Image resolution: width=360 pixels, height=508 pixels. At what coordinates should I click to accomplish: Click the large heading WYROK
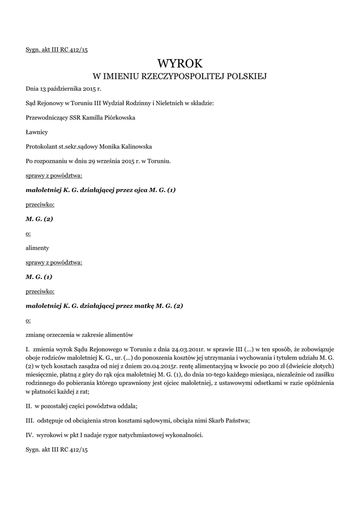click(180, 63)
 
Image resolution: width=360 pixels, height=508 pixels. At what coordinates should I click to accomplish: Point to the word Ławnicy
click(37, 132)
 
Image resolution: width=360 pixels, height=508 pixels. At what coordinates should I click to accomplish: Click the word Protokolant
click(41, 146)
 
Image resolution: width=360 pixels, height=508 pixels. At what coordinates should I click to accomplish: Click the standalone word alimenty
click(37, 248)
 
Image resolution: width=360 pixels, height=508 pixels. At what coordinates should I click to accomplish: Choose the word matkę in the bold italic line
click(142, 306)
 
